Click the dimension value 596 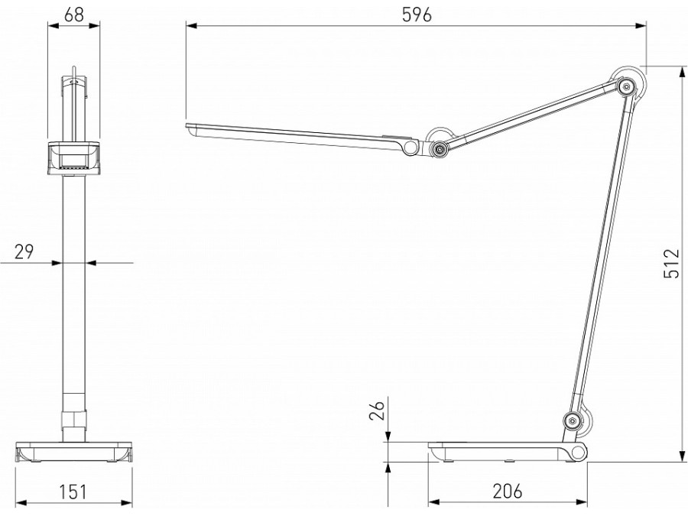[x=417, y=14]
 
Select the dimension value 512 [x=670, y=264]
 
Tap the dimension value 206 [x=507, y=491]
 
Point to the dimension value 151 [x=73, y=491]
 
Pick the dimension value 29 [x=24, y=251]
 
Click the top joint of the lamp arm [x=628, y=87]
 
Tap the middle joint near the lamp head [x=439, y=148]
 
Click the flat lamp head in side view [x=298, y=136]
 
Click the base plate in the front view [x=73, y=453]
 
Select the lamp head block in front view [x=73, y=157]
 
